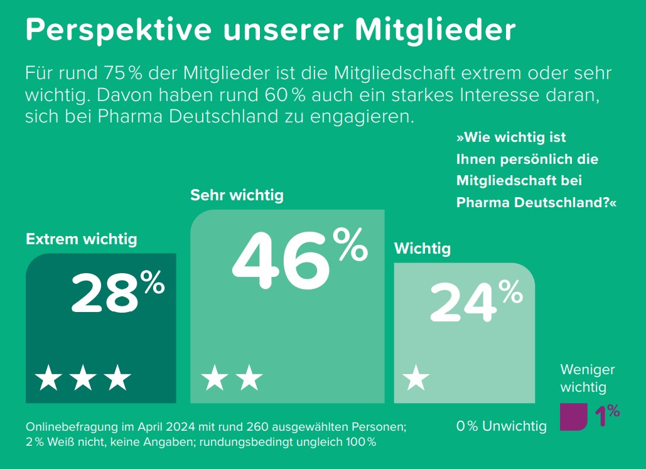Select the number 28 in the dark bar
coord(104,294)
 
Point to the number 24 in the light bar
coord(463,303)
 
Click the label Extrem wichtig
coord(82,239)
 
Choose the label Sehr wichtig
coord(237,195)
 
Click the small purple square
coord(573,417)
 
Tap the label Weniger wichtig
coord(588,379)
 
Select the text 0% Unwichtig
coord(502,427)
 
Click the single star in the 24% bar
coord(416,379)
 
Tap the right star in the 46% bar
coord(249,379)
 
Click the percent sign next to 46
coord(350,245)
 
